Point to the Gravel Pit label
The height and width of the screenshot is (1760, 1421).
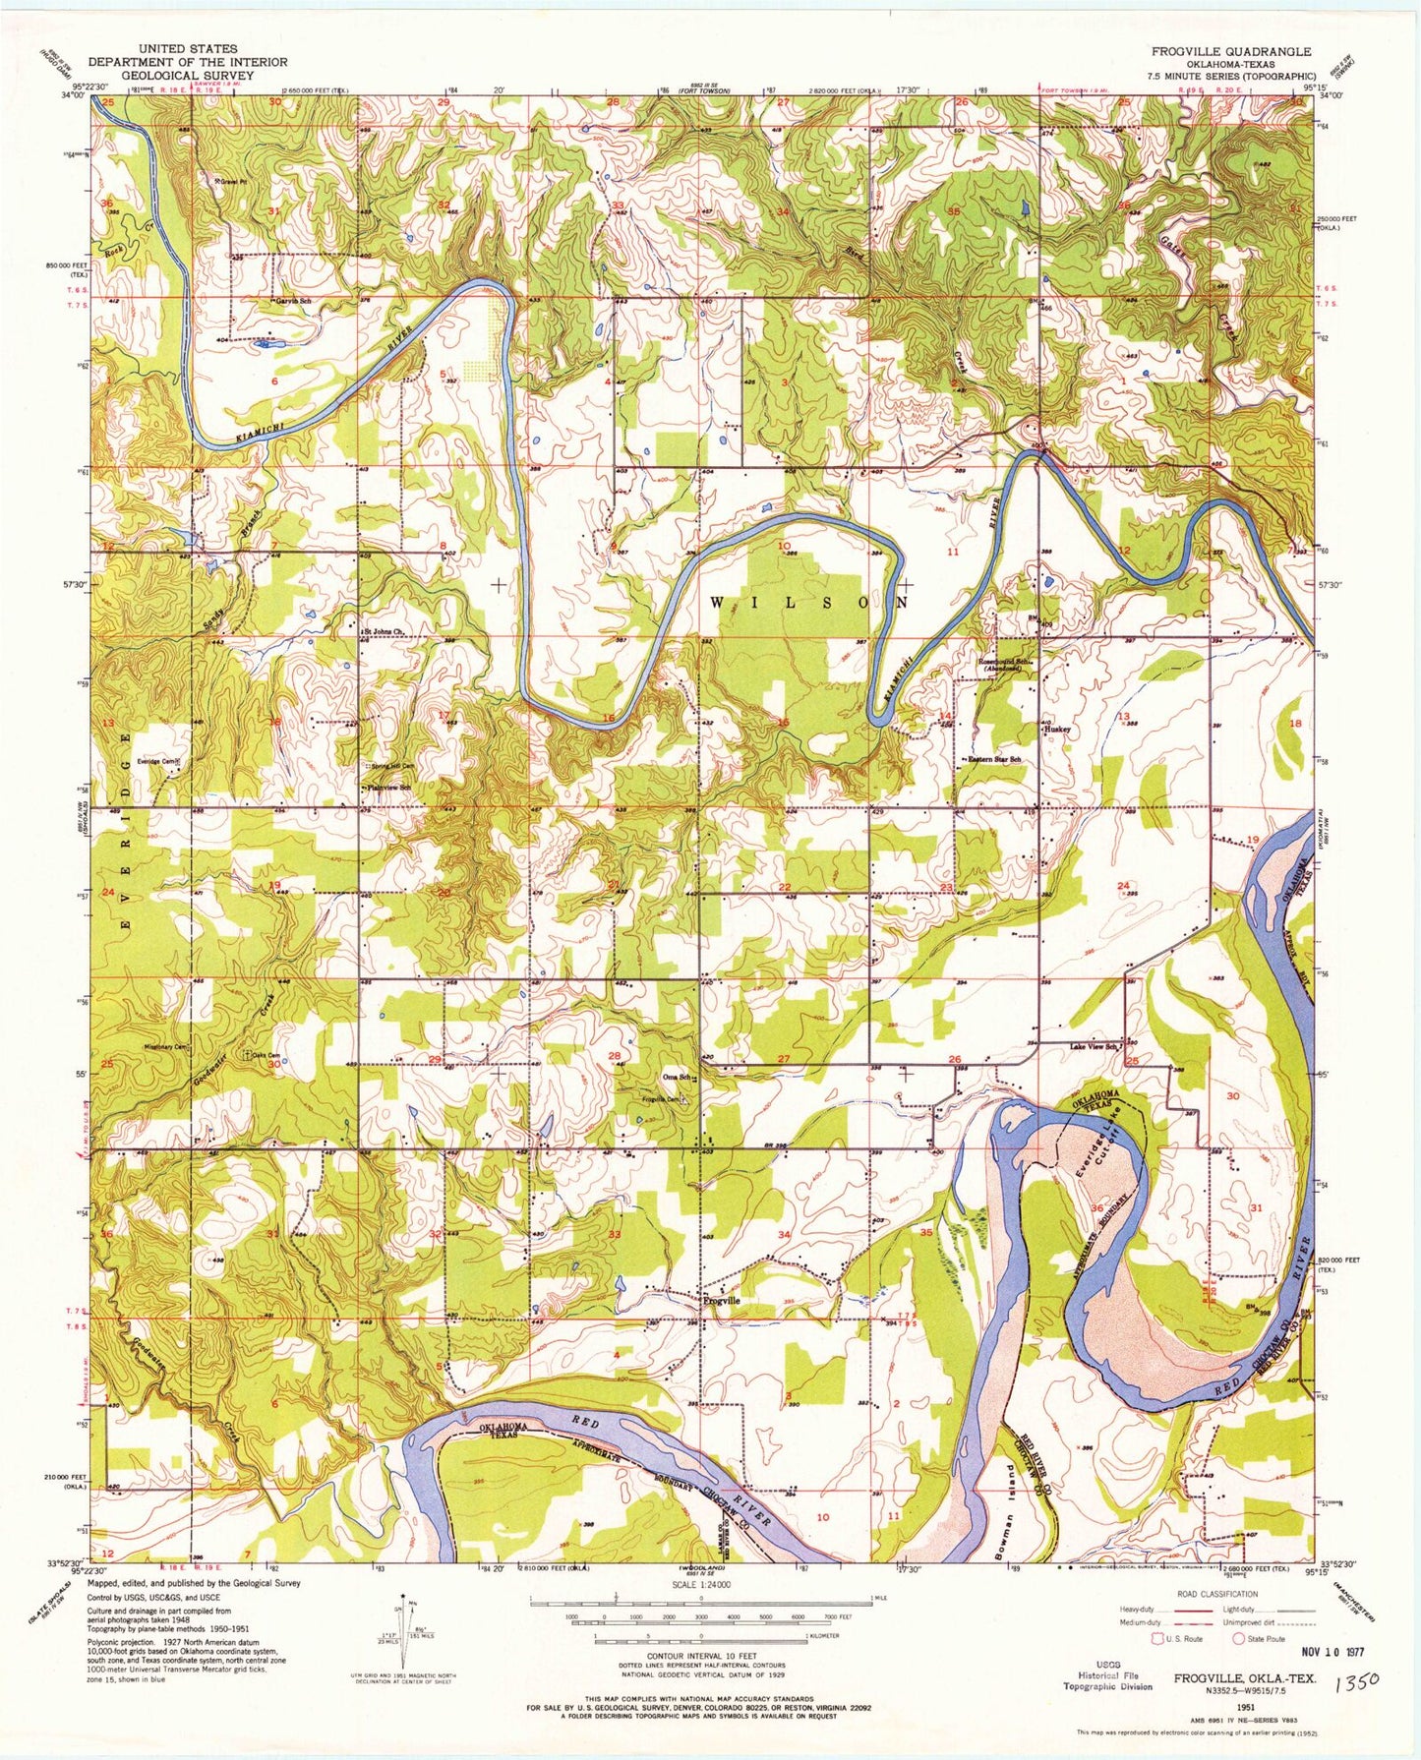pos(228,181)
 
